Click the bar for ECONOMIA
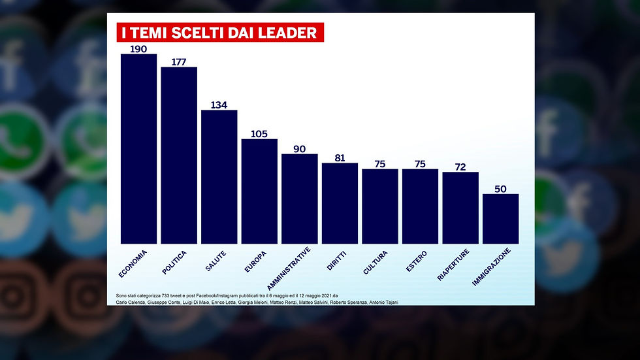coord(138,149)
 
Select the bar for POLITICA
coord(179,155)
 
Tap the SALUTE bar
coord(219,176)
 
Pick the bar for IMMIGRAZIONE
coord(500,219)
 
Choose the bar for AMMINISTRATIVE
coord(299,199)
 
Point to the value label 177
coord(179,61)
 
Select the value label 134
coord(219,105)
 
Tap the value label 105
coord(259,133)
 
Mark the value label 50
coord(500,188)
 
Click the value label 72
coord(460,167)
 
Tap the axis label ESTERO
coord(416,261)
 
